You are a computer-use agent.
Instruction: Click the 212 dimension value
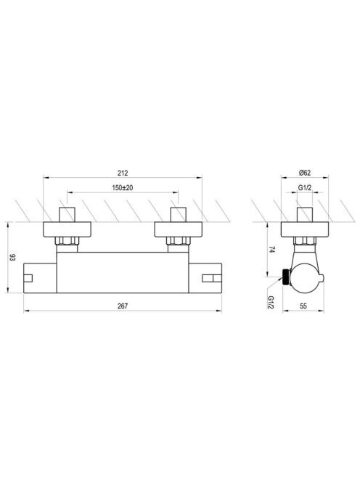click(123, 173)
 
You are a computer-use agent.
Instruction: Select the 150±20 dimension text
click(123, 187)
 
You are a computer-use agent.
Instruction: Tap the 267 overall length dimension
click(123, 306)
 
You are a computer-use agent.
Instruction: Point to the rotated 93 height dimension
click(12, 257)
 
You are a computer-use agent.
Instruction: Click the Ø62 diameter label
click(305, 173)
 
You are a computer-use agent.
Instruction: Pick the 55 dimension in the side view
click(303, 306)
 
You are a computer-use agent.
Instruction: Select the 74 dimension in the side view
click(271, 249)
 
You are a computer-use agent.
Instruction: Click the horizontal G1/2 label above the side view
click(305, 187)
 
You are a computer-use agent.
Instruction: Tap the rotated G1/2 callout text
click(271, 302)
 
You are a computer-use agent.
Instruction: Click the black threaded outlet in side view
click(286, 277)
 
